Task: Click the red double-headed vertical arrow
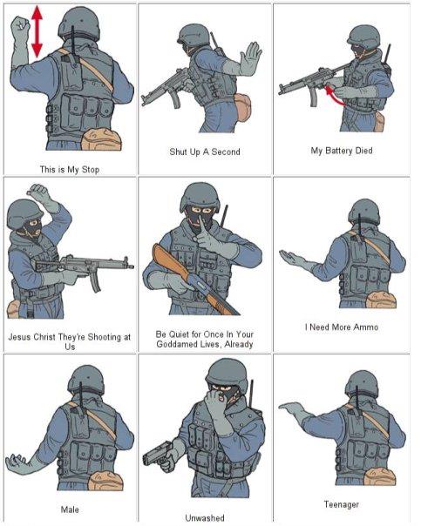click(x=37, y=31)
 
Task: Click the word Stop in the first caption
click(x=91, y=170)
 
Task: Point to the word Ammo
click(x=365, y=327)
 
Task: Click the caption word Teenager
click(x=341, y=504)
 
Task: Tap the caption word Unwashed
click(x=205, y=517)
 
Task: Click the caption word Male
click(x=70, y=509)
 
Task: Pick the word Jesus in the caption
click(x=19, y=337)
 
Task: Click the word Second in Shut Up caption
click(x=226, y=152)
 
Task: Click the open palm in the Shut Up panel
click(x=250, y=58)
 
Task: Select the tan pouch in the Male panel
click(x=105, y=481)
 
